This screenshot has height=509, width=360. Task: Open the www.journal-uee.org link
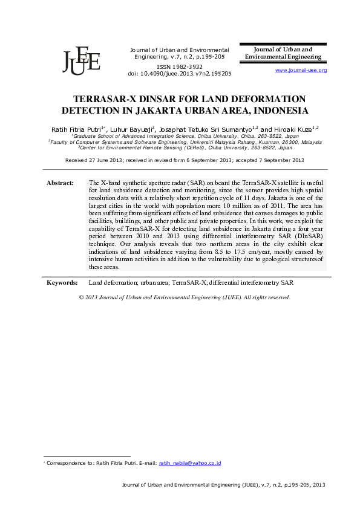tap(301, 71)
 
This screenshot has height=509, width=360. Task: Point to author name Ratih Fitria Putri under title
tap(76, 129)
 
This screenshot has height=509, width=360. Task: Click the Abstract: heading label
tap(60, 183)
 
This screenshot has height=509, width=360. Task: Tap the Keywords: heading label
tap(62, 283)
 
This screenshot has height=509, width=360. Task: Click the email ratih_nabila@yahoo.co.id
tap(189, 463)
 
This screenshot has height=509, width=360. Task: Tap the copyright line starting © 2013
tap(185, 297)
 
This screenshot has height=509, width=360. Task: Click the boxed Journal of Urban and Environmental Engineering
tap(283, 53)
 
